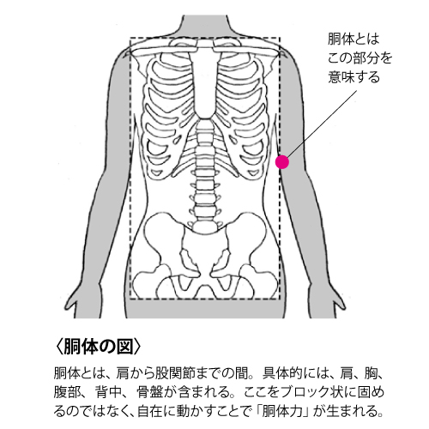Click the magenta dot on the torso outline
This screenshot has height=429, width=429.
pyautogui.click(x=282, y=162)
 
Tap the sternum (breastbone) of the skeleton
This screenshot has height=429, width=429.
pyautogui.click(x=205, y=83)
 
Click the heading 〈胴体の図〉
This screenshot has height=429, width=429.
pyautogui.click(x=98, y=347)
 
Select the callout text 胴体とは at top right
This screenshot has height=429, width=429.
pyautogui.click(x=353, y=39)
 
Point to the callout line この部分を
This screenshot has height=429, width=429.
pyautogui.click(x=360, y=58)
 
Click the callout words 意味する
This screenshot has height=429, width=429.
pyautogui.click(x=353, y=77)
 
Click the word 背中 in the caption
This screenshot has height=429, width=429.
pyautogui.click(x=107, y=392)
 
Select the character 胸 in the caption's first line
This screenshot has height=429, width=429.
pyautogui.click(x=371, y=373)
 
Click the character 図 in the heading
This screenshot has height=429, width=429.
pyautogui.click(x=125, y=347)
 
